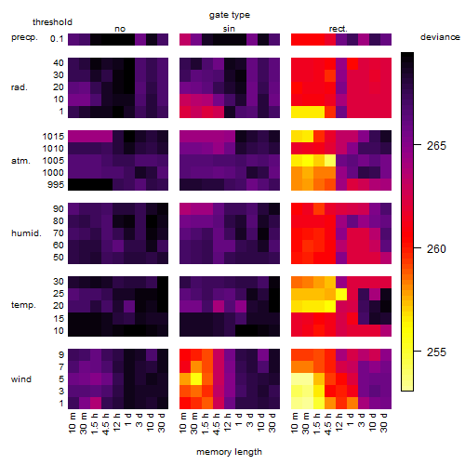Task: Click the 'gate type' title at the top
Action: pos(230,15)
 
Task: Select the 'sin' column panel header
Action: pos(229,29)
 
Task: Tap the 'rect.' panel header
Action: pos(339,29)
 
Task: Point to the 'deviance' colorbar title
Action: pos(440,37)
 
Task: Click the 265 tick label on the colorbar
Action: pos(436,146)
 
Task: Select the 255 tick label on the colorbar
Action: pos(436,352)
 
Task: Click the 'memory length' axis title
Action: pos(229,452)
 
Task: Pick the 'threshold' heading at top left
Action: pos(52,22)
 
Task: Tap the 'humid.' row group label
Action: pos(26,233)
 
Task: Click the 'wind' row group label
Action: pos(21,379)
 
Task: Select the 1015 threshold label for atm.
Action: pos(53,137)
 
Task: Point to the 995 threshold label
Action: pos(56,185)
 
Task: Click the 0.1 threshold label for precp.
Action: pos(57,39)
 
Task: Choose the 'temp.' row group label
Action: pos(23,305)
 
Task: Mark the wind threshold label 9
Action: pos(61,355)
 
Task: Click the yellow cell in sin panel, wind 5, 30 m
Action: pos(196,379)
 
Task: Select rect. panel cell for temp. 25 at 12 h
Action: pos(341,294)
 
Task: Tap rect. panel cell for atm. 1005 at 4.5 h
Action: pos(330,161)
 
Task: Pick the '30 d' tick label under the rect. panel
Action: pos(384,422)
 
